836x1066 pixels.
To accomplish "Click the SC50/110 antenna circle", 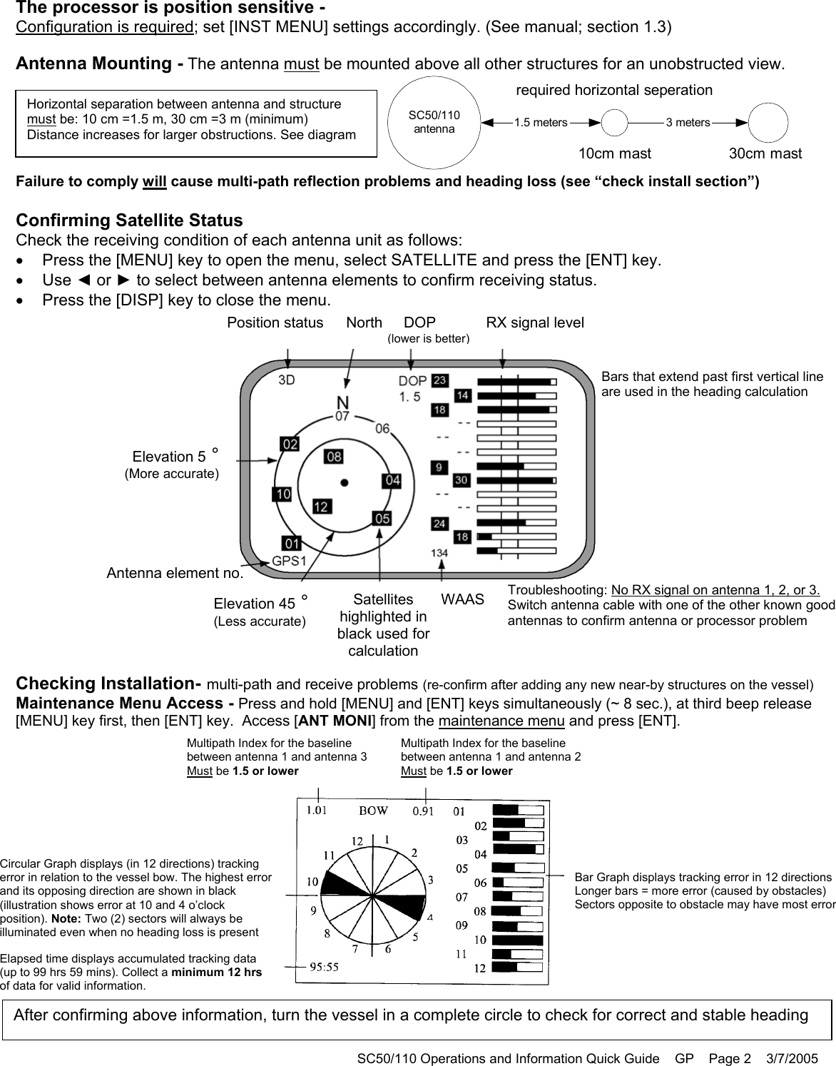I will pyautogui.click(x=434, y=123).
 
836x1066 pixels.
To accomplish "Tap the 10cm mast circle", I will pyautogui.click(x=615, y=123).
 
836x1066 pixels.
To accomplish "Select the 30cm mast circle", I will pyautogui.click(x=768, y=123).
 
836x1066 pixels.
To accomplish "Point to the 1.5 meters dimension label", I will pyautogui.click(x=541, y=123).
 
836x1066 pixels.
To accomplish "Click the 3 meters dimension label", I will pyautogui.click(x=687, y=123).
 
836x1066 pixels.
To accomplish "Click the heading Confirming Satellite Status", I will pyautogui.click(x=129, y=220).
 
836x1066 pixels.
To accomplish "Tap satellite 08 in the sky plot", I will pyautogui.click(x=333, y=456).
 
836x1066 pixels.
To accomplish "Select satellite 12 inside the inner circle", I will pyautogui.click(x=321, y=507).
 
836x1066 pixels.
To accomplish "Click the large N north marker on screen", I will pyautogui.click(x=343, y=402).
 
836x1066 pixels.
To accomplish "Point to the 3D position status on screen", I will pyautogui.click(x=287, y=381).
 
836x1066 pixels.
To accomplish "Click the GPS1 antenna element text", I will pyautogui.click(x=289, y=561).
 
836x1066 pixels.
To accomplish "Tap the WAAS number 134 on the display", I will pyautogui.click(x=439, y=553).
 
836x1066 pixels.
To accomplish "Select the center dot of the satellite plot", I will pyautogui.click(x=345, y=482).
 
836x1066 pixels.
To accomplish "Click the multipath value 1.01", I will pyautogui.click(x=317, y=810).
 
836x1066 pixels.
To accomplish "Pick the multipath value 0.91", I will pyautogui.click(x=425, y=810).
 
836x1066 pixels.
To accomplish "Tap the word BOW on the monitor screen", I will pyautogui.click(x=373, y=811).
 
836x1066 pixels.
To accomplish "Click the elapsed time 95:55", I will pyautogui.click(x=324, y=968).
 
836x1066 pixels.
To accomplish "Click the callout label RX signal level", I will pyautogui.click(x=534, y=323).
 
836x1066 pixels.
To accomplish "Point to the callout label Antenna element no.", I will pyautogui.click(x=174, y=573).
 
